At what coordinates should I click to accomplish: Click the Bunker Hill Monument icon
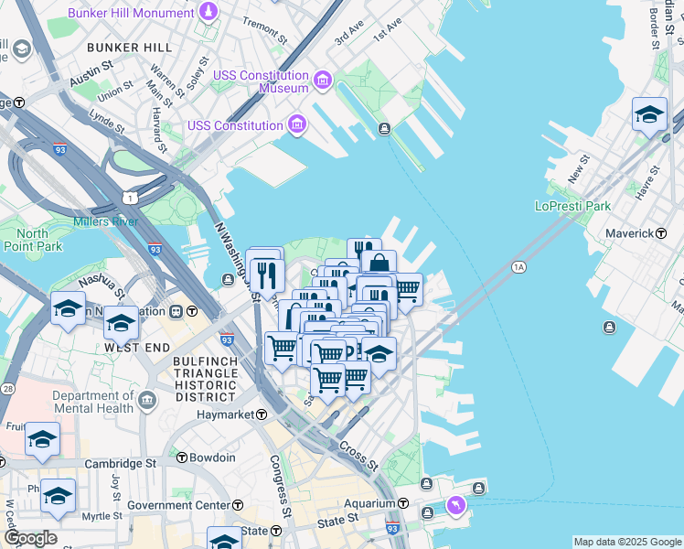pyautogui.click(x=208, y=12)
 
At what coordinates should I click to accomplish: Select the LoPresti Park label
pyautogui.click(x=572, y=206)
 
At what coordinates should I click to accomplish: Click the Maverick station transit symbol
pyautogui.click(x=660, y=233)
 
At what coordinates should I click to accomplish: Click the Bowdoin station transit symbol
pyautogui.click(x=181, y=457)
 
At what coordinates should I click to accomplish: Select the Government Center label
pyautogui.click(x=178, y=505)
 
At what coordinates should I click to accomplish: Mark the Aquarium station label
pyautogui.click(x=369, y=503)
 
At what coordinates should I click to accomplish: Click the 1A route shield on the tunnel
pyautogui.click(x=519, y=267)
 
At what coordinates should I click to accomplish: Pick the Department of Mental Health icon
pyautogui.click(x=147, y=400)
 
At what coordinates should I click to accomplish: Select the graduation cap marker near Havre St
pyautogui.click(x=649, y=114)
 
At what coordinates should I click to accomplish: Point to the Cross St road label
pyautogui.click(x=358, y=455)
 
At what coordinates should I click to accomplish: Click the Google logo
pyautogui.click(x=30, y=538)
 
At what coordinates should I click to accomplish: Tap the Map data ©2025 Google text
pyautogui.click(x=626, y=542)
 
